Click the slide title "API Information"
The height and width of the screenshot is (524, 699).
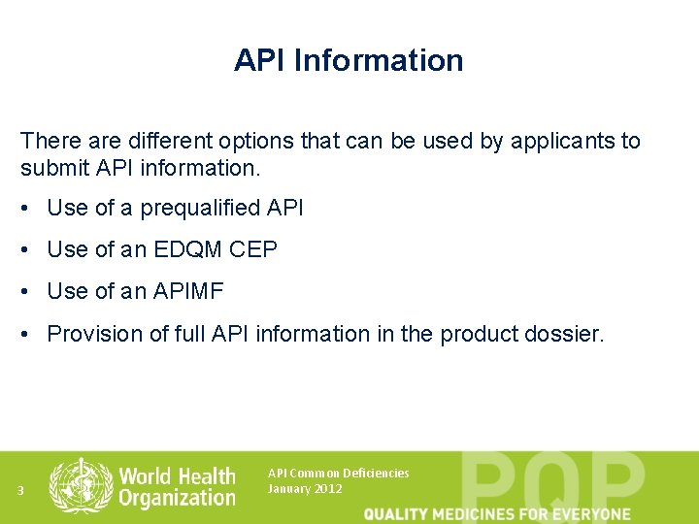tap(349, 60)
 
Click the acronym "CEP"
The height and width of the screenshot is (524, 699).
tap(253, 249)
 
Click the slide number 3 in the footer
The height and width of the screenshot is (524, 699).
tap(20, 489)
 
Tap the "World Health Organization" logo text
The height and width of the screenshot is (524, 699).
tap(177, 486)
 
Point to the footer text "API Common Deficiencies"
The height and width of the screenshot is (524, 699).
tap(338, 473)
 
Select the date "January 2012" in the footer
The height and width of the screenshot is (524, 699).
tap(304, 488)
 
